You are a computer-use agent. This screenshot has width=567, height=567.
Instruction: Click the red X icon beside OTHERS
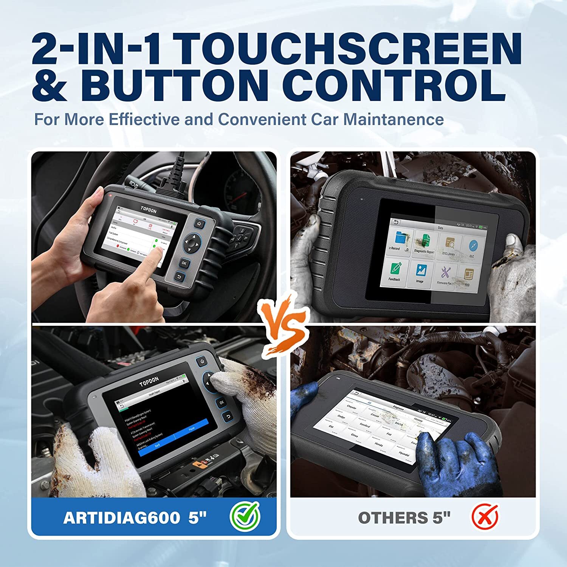coord(485,517)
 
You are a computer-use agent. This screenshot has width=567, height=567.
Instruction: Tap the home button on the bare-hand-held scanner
coord(199,224)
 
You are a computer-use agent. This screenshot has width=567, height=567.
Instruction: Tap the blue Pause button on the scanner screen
coord(192,429)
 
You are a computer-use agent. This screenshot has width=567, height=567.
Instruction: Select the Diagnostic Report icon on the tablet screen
coord(424,243)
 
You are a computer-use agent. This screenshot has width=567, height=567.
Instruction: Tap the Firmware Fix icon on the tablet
coord(445,275)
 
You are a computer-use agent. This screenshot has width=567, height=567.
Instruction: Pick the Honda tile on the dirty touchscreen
coord(379,444)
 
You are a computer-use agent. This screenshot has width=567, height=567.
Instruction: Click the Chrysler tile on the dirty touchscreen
coord(352,408)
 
